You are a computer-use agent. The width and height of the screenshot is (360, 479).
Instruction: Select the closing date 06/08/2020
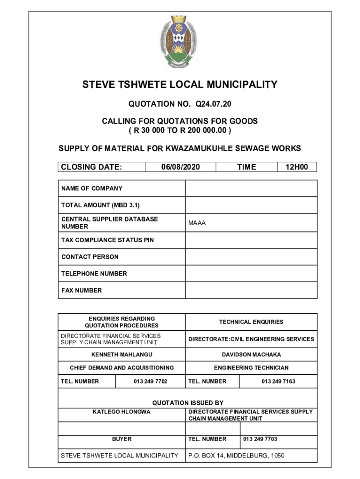coord(180,167)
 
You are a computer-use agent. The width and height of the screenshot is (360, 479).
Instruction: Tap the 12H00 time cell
coord(297,167)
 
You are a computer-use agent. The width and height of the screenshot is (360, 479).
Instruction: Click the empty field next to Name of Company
coord(251,189)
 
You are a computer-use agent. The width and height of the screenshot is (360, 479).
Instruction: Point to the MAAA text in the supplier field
coord(197,223)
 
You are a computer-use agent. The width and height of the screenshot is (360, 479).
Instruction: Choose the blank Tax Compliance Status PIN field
coord(251,240)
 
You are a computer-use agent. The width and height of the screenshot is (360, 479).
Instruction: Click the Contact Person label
coord(90,257)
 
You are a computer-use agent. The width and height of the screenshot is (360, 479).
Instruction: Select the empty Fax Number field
coord(251,290)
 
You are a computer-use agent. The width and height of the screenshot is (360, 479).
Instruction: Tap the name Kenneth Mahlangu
coord(122,355)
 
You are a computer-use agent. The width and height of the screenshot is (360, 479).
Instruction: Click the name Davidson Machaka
coord(251,355)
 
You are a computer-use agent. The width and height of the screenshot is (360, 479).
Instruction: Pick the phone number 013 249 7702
coord(150,381)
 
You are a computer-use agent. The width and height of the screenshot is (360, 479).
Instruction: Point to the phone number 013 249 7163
coord(278,381)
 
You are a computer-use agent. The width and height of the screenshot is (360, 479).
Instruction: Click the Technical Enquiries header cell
coord(251,322)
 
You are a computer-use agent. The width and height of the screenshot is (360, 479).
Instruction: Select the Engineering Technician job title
coord(251,368)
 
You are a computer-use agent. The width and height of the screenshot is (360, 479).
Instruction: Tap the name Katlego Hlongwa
coord(122,412)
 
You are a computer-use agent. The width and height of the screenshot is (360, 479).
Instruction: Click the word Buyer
coord(122,439)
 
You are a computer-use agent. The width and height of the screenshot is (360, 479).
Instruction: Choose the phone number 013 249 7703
coord(260,439)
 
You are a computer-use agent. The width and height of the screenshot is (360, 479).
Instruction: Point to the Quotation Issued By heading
coord(187,403)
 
